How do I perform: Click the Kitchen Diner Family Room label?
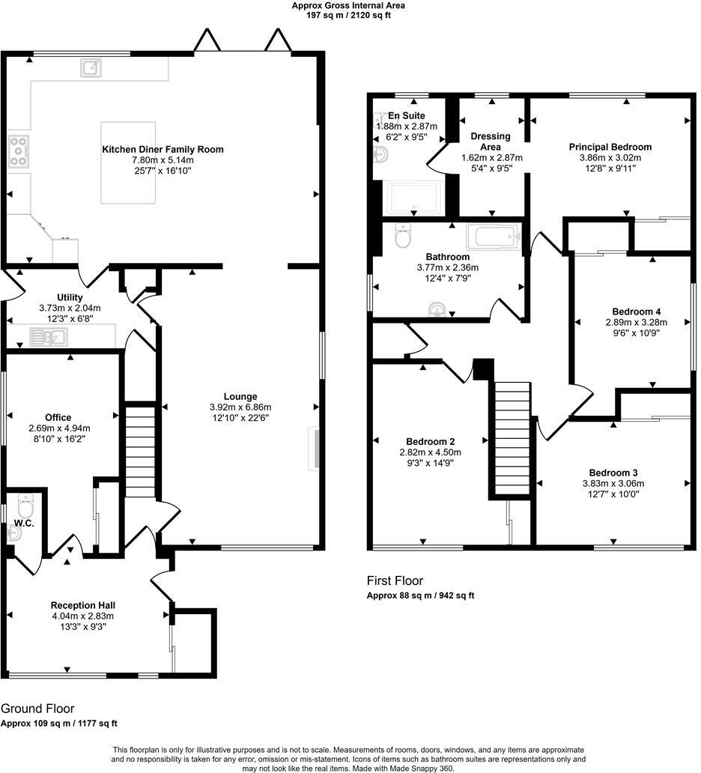pyautogui.click(x=163, y=149)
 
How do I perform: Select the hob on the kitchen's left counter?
pyautogui.click(x=18, y=151)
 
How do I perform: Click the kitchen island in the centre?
pyautogui.click(x=128, y=163)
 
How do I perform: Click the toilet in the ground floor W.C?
pyautogui.click(x=25, y=507)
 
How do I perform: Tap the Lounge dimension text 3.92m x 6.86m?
pyautogui.click(x=240, y=407)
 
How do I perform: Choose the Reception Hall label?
pyautogui.click(x=82, y=605)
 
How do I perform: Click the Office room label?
pyautogui.click(x=58, y=417)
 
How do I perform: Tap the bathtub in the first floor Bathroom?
pyautogui.click(x=492, y=237)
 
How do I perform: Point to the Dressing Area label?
pyautogui.click(x=491, y=142)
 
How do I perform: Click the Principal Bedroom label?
pyautogui.click(x=610, y=147)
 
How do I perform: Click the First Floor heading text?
pyautogui.click(x=394, y=580)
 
